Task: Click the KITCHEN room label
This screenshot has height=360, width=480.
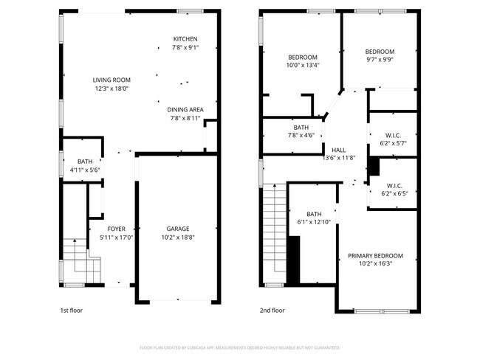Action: coord(185,39)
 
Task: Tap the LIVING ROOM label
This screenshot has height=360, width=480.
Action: coord(112,80)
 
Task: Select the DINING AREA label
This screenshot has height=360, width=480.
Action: coord(185,109)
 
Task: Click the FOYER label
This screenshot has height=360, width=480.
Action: coord(116,229)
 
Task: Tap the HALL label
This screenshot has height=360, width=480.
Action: coord(339,149)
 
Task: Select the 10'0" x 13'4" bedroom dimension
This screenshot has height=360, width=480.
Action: coord(303,65)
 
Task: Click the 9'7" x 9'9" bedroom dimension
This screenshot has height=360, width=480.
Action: coord(380,60)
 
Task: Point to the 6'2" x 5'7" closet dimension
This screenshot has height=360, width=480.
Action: coord(392,143)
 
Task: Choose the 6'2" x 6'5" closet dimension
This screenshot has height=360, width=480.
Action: coord(392,193)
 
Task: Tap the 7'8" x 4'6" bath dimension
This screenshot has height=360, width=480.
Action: coord(301,135)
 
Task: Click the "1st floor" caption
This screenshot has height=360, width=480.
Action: coord(72,311)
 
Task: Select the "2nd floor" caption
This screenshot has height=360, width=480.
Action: coord(272,311)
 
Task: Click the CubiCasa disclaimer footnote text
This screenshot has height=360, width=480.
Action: coord(240,347)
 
